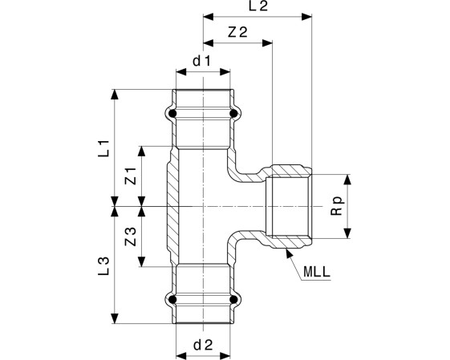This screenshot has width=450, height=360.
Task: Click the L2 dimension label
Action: pos(258,6)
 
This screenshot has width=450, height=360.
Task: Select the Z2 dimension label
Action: pos(237,32)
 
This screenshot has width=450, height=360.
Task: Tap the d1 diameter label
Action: pos(202,61)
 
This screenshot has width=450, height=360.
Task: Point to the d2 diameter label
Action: pos(203,345)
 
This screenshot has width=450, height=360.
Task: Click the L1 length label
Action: pos(104,148)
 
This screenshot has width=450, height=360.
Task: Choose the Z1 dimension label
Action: pos(131,176)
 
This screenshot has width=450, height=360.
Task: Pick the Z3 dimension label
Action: pos(131,237)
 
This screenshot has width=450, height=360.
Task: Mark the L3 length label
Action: pos(104,266)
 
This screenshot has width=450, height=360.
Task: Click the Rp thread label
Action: pos(337,206)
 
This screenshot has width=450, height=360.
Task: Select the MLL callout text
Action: pos(317,272)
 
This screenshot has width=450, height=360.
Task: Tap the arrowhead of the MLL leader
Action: pos(289,254)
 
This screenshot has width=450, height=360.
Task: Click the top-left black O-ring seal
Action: pos(172,114)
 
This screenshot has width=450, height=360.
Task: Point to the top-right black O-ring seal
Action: pos(233,114)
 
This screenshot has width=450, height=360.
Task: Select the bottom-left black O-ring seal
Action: pos(172,300)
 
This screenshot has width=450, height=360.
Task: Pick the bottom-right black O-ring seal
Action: pos(233,300)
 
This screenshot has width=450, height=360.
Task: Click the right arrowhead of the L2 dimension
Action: pos(306,17)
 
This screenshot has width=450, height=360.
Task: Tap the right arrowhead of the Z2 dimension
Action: pos(267,43)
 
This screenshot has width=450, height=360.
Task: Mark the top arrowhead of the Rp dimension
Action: pos(347,180)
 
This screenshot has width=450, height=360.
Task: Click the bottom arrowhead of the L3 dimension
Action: pos(115,318)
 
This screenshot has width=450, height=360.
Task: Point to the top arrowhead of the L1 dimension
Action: pos(115,95)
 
